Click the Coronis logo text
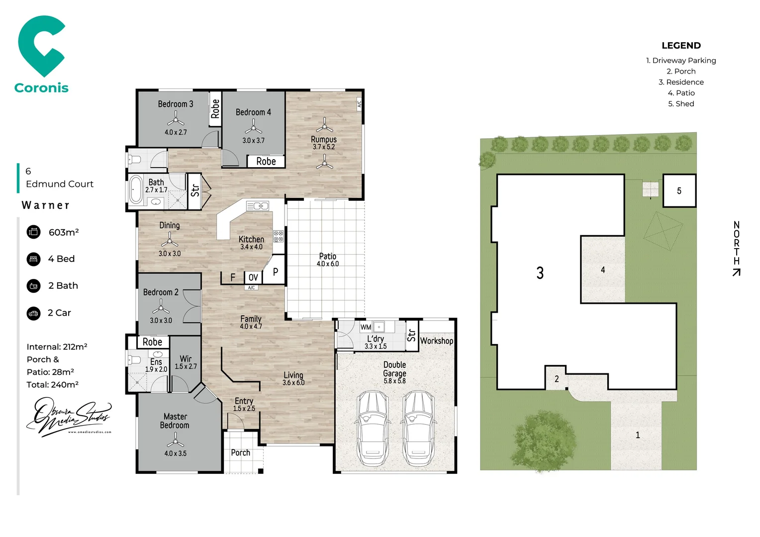(41, 88)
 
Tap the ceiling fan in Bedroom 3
(176, 119)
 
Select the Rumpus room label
(324, 140)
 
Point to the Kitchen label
(251, 239)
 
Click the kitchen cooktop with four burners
(278, 236)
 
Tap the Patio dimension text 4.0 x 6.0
(328, 264)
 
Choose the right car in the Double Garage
(419, 428)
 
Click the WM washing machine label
(366, 327)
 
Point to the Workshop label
(437, 341)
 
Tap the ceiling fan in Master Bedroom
(175, 440)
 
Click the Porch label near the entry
(240, 452)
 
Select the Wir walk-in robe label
(186, 358)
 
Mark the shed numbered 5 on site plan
(679, 191)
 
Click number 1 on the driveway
(638, 435)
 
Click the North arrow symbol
(737, 272)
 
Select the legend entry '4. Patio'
(681, 93)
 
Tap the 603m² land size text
(64, 232)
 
